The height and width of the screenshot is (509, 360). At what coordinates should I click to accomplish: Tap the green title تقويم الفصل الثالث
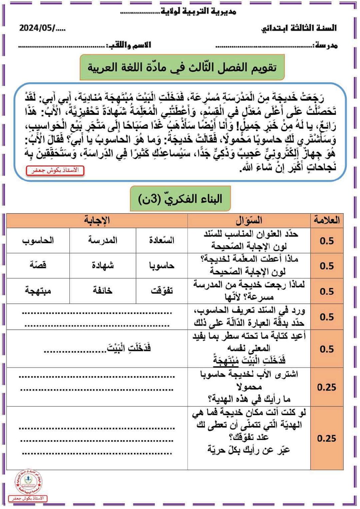click(182, 67)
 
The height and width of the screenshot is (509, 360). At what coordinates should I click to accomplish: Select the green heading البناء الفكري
click(180, 199)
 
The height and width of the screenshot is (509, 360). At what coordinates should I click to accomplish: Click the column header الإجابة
click(97, 220)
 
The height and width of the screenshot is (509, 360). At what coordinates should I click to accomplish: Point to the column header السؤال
click(249, 220)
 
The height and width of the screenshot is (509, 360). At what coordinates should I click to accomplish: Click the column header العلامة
click(327, 220)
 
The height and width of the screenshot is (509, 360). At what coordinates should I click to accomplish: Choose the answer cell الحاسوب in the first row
click(38, 240)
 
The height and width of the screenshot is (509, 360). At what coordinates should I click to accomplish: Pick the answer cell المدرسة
click(103, 240)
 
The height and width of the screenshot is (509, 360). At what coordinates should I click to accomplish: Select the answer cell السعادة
click(162, 240)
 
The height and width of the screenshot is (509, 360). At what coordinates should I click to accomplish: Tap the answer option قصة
click(38, 265)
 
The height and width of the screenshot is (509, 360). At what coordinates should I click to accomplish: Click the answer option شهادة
click(103, 265)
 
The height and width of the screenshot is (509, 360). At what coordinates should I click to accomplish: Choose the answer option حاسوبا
click(162, 265)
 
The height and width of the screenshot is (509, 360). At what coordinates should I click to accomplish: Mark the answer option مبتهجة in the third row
click(38, 291)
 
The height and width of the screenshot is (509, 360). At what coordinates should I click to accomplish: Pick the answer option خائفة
click(103, 291)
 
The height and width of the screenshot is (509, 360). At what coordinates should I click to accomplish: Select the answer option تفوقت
click(162, 291)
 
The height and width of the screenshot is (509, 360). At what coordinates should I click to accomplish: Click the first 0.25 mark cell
click(327, 387)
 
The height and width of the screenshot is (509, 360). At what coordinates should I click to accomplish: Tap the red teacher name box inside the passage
click(55, 170)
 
